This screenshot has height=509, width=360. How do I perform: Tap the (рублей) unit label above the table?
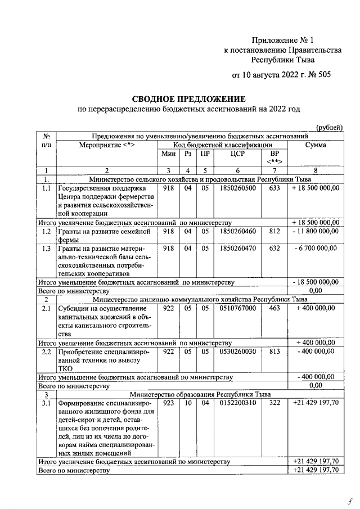click(329, 128)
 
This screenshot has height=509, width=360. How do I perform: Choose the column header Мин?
click(168, 154)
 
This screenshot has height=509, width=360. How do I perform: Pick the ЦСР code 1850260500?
click(238, 188)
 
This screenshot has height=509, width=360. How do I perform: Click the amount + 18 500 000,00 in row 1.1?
click(316, 188)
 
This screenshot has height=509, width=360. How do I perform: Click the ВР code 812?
click(274, 231)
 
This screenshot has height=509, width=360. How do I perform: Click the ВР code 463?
click(274, 308)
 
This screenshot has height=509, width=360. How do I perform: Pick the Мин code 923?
click(168, 403)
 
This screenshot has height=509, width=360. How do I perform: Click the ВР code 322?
click(274, 403)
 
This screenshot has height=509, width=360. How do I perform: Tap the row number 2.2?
click(47, 351)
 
